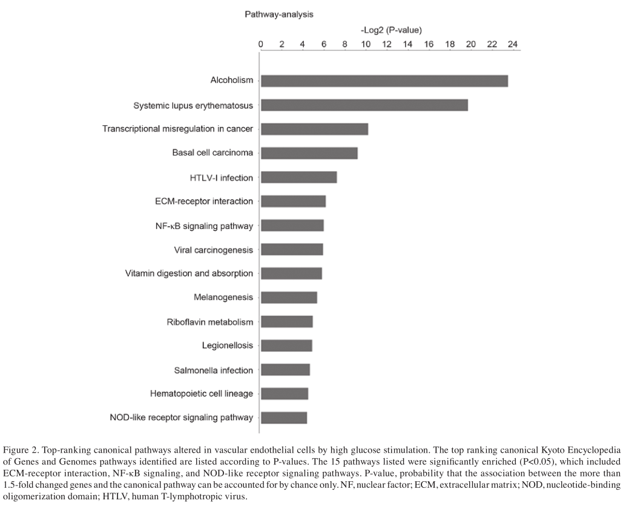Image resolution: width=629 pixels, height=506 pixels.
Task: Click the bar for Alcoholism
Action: (384, 81)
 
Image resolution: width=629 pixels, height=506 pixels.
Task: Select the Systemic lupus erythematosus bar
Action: (364, 105)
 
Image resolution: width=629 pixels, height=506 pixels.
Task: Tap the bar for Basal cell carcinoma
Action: (309, 153)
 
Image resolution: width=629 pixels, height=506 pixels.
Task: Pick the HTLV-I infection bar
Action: (298, 177)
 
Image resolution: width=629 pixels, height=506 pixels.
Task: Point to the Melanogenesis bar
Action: (289, 297)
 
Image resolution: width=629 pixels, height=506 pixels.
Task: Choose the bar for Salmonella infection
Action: (285, 369)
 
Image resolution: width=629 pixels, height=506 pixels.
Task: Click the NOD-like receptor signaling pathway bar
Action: (284, 418)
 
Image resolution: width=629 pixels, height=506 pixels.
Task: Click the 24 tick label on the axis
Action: (512, 45)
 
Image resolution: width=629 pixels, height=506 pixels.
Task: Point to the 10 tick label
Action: (365, 45)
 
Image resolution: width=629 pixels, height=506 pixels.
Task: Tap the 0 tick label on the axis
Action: (260, 45)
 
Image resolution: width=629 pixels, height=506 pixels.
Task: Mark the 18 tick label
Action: (449, 45)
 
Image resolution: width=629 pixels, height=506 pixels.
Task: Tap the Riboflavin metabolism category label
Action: (210, 322)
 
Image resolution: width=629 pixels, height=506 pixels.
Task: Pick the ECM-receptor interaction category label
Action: (204, 201)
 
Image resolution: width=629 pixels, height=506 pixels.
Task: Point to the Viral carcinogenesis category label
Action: (213, 249)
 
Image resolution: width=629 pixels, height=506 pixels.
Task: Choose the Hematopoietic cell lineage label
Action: (202, 394)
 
